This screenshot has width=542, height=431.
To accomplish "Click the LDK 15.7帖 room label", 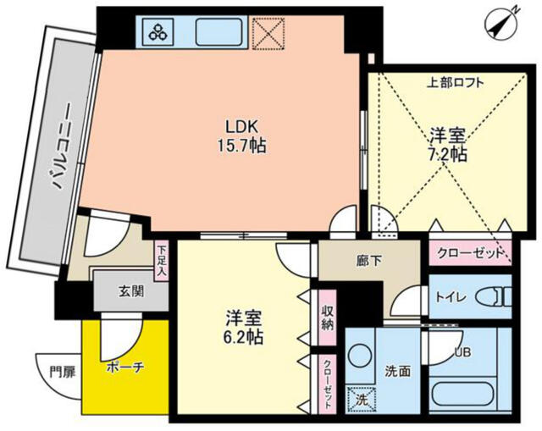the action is click(241, 136).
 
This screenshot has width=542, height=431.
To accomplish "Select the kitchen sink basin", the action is click(218, 32).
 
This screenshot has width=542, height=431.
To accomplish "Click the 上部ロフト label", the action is click(455, 83).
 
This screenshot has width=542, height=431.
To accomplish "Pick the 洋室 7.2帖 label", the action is click(448, 145).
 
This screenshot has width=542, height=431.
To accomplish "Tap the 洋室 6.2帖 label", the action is click(244, 328).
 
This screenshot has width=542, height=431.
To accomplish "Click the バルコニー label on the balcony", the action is click(61, 146).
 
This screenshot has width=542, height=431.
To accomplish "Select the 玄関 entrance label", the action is click(131, 292).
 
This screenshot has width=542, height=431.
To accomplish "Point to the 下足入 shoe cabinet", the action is click(162, 261).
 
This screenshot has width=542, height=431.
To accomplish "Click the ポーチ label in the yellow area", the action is click(125, 367).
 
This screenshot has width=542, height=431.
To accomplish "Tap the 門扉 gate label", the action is click(62, 373).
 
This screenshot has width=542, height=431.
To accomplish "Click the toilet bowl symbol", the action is click(494, 297).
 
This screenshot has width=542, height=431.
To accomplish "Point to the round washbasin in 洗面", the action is click(360, 356).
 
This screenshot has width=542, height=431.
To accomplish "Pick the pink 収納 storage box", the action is click(327, 318).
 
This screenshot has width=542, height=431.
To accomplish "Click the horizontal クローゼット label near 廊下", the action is click(470, 253).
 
